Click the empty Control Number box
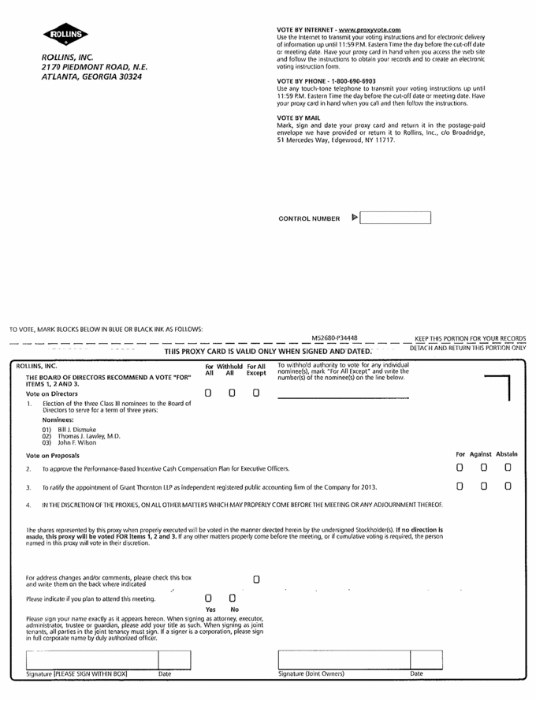(396, 218)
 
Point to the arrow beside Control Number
(354, 217)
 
